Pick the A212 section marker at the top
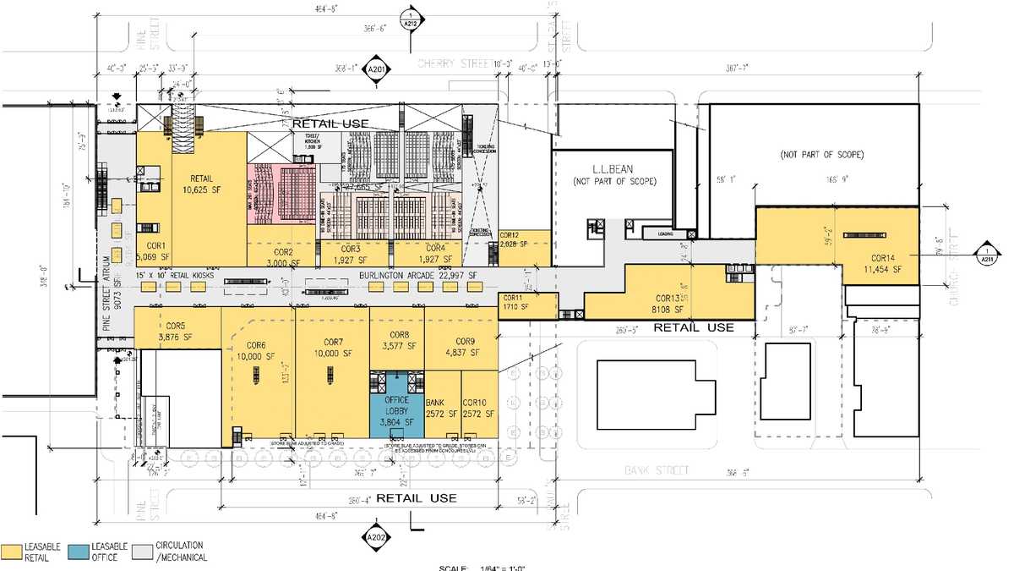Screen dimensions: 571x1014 pos(410,18)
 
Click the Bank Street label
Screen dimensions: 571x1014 pos(646,469)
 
